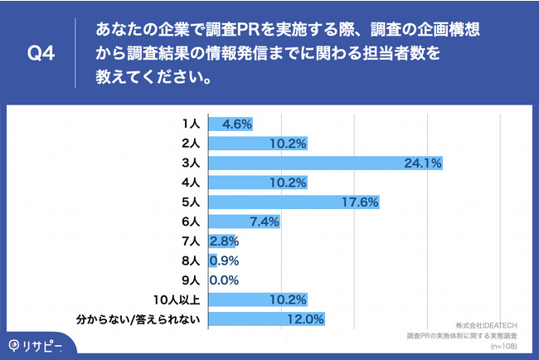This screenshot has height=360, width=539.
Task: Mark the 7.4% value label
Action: point(262,221)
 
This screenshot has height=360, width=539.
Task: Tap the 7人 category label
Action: point(191,241)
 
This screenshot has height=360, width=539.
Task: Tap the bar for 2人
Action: point(258,144)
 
